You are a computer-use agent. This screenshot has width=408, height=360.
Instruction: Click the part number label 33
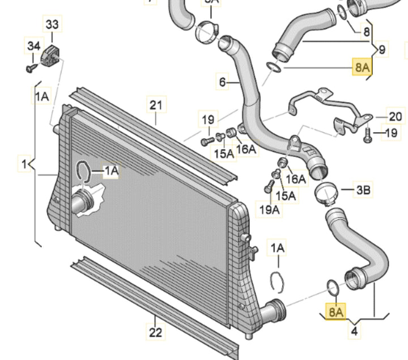pos(52,25)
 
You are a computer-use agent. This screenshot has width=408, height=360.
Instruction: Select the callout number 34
pos(33,45)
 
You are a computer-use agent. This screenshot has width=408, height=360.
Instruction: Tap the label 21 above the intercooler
pos(156,105)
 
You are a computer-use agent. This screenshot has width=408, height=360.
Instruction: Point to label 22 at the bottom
pos(156,333)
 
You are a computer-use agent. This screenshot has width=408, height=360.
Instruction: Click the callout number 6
pos(223,83)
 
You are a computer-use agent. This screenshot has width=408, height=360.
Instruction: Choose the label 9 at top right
pos(382,50)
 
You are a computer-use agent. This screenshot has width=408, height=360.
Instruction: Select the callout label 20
pos(396,117)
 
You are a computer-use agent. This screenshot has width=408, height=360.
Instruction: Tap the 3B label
pos(363,190)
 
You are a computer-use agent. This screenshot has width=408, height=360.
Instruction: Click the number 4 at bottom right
pos(354,331)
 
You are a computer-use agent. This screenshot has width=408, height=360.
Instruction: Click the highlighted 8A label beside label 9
pos(362,67)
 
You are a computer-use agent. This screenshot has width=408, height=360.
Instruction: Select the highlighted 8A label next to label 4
pos(336,311)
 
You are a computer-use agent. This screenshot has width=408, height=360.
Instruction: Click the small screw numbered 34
pos(30,68)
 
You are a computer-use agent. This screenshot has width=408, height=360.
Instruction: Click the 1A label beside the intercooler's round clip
pos(110,170)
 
